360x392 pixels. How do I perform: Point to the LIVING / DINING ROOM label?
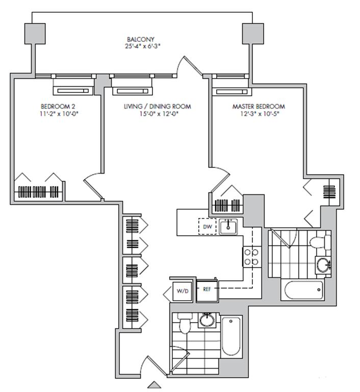pos(157,106)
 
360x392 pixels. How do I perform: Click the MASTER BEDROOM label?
pos(259,106)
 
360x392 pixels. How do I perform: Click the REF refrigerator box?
pos(207,289)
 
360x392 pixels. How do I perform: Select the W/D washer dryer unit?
pos(183,291)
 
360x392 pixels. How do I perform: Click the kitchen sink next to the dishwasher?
pos(229,226)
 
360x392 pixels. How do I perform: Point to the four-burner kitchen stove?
pos(251,257)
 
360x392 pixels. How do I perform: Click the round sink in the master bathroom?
pos(322,264)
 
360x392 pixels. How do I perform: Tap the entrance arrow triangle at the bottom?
pos(154,384)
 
